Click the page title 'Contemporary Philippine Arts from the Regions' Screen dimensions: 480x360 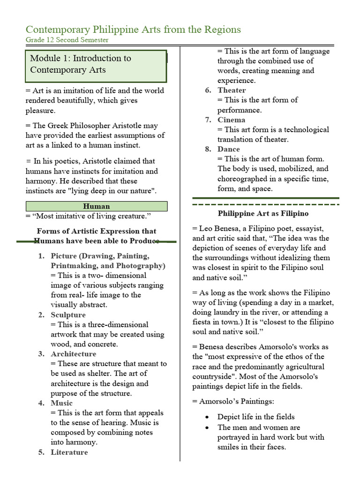coord(133,30)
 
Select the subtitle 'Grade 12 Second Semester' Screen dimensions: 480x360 coord(67,40)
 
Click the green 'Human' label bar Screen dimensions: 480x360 coord(96,206)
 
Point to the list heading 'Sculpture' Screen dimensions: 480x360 coord(68,315)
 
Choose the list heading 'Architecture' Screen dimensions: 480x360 coord(74,354)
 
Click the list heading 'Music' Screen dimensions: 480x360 coord(62,403)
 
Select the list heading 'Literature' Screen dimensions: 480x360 coord(69,452)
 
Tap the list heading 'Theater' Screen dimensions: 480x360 coord(232,90)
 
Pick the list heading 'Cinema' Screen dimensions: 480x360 coord(231,120)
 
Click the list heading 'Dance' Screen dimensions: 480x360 coord(229,149)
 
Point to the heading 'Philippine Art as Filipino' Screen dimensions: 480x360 coord(263,214)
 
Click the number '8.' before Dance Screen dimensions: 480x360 coord(208,149)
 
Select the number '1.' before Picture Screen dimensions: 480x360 coord(41,256)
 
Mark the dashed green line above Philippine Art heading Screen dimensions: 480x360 coord(266,204)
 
